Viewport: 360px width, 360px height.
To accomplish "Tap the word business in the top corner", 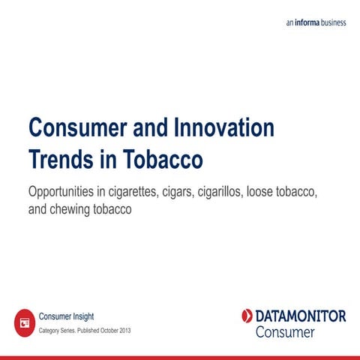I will click(331, 22).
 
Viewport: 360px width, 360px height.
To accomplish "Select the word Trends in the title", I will click(59, 160).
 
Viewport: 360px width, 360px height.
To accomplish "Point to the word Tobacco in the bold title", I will click(161, 160).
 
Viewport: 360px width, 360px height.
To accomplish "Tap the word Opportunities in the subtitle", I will click(66, 193).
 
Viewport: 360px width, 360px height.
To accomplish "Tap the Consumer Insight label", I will click(66, 316).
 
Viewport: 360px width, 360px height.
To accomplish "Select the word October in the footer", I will click(106, 331).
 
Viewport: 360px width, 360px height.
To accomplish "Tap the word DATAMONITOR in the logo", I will click(301, 316).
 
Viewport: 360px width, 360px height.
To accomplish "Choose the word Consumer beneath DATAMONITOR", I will click(285, 331).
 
